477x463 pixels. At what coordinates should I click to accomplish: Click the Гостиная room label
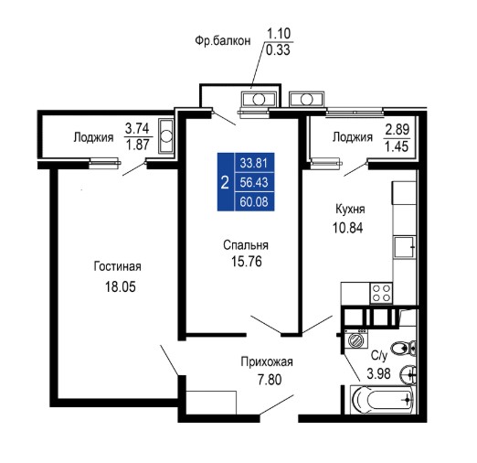117,266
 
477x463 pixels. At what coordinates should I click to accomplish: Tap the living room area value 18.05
121,287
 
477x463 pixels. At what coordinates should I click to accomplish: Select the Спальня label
246,245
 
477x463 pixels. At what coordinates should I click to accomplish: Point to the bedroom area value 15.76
247,262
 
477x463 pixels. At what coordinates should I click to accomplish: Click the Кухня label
350,210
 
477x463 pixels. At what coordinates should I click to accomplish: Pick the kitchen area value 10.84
348,228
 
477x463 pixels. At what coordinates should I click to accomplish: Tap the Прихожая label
267,362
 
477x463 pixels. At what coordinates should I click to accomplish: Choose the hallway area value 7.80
270,380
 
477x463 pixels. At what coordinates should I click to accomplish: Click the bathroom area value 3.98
378,373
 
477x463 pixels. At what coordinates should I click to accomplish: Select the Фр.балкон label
223,40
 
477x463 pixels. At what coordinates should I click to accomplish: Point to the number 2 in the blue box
225,183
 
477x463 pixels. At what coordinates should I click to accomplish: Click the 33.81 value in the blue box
254,163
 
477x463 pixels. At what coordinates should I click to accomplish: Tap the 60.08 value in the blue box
254,202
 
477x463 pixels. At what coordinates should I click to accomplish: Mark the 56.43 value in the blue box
254,182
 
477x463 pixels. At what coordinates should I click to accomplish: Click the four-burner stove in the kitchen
381,293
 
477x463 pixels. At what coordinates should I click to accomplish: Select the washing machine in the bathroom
355,339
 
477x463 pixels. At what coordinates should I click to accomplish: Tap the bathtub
383,400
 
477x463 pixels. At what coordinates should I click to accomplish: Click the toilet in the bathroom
403,348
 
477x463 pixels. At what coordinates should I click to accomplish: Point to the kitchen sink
404,246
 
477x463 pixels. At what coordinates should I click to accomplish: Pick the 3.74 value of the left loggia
137,128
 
